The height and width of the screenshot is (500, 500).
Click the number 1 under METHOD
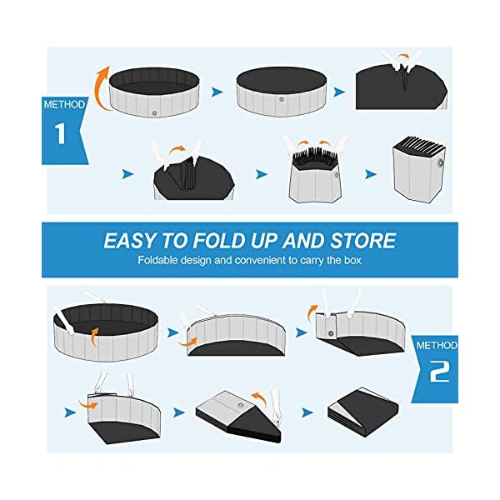pos(60,135)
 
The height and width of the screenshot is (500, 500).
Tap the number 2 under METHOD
pos(438,372)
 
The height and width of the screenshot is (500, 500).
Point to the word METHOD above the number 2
pos(437,344)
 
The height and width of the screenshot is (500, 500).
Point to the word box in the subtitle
pos(351,260)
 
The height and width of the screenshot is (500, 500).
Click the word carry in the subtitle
pos(302,260)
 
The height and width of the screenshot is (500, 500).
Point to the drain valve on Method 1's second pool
pos(281,100)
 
